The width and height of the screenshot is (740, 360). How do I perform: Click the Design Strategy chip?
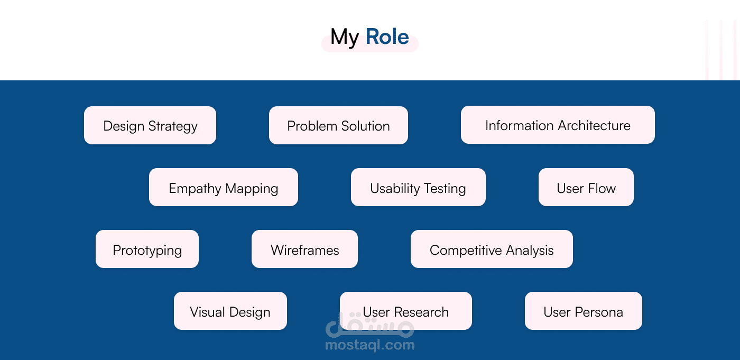pyautogui.click(x=150, y=125)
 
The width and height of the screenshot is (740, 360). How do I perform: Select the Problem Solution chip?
pyautogui.click(x=338, y=125)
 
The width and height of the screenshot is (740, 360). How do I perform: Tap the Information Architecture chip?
pyautogui.click(x=558, y=125)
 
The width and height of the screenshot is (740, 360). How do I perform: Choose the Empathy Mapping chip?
pyautogui.click(x=223, y=187)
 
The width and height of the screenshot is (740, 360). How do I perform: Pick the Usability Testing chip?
pyautogui.click(x=418, y=187)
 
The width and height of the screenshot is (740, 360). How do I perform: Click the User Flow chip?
pyautogui.click(x=586, y=187)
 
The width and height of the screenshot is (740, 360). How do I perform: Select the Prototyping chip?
pyautogui.click(x=147, y=249)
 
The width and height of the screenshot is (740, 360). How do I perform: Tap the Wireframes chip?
pyautogui.click(x=304, y=249)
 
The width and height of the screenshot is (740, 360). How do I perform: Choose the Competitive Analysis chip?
pyautogui.click(x=492, y=249)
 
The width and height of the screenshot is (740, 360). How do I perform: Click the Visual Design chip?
pyautogui.click(x=230, y=311)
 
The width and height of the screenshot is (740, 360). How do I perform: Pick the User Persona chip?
pyautogui.click(x=584, y=311)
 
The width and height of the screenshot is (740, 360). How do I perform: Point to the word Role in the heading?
pyautogui.click(x=387, y=36)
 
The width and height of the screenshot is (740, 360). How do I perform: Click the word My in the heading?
pyautogui.click(x=345, y=38)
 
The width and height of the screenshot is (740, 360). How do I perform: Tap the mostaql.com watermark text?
pyautogui.click(x=369, y=345)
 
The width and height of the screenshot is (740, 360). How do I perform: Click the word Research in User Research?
pyautogui.click(x=421, y=312)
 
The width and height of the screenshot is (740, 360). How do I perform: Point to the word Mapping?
pyautogui.click(x=252, y=189)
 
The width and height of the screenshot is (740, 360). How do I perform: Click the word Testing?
pyautogui.click(x=445, y=189)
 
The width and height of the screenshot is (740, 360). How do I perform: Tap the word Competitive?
pyautogui.click(x=466, y=251)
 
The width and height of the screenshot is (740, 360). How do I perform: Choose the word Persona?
pyautogui.click(x=598, y=312)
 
